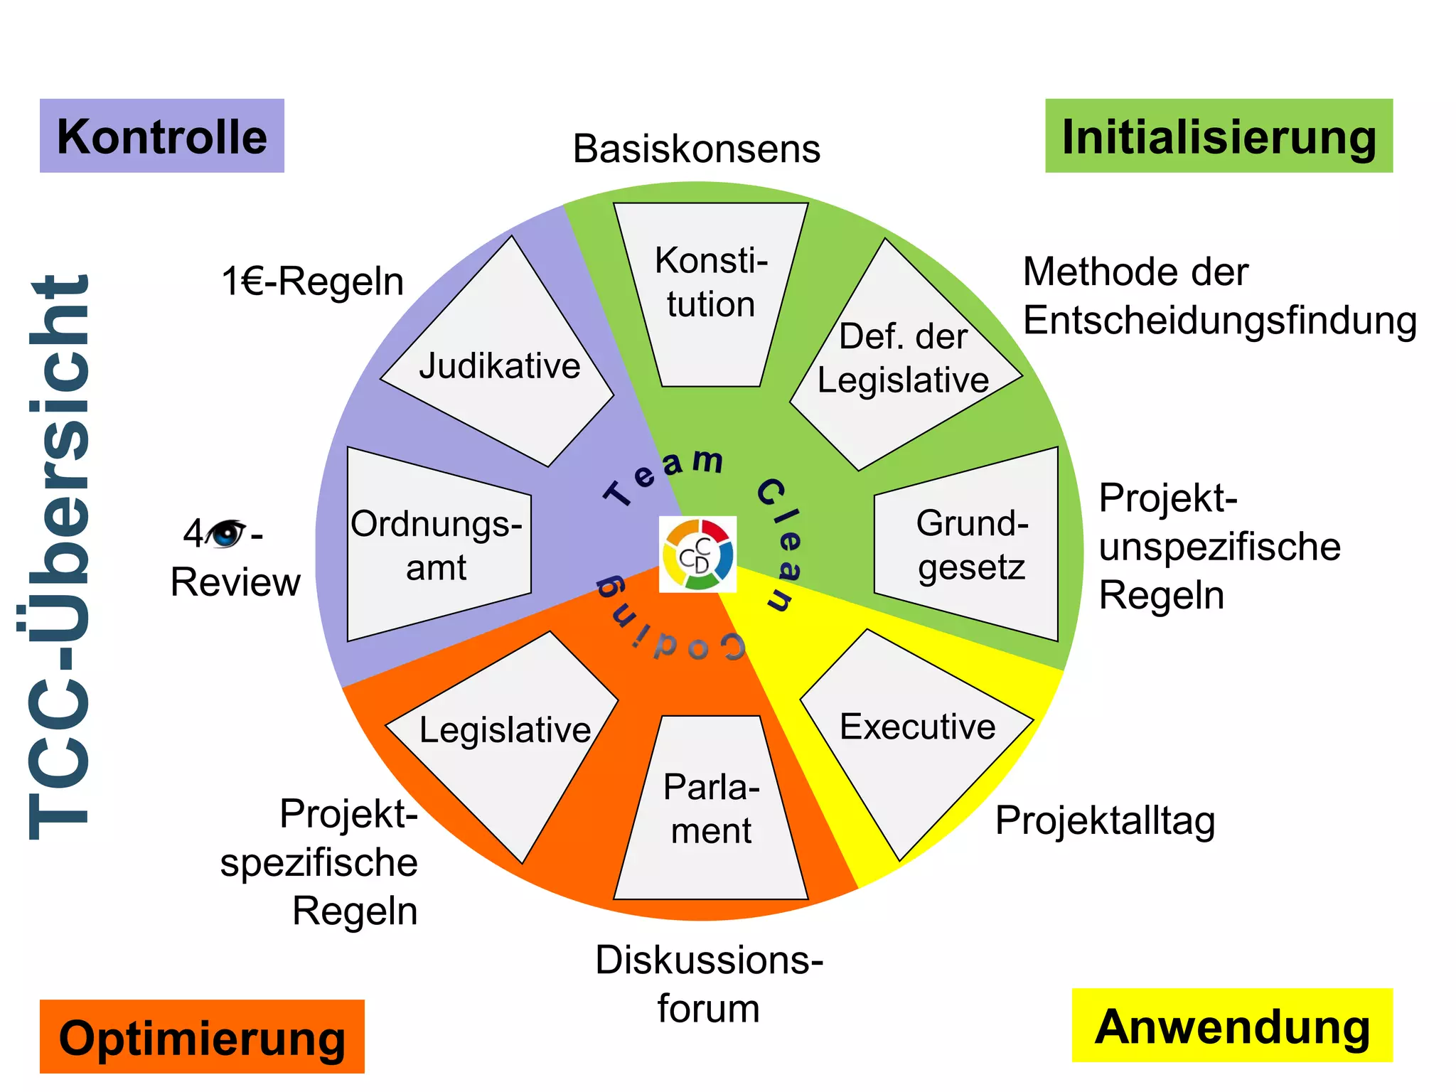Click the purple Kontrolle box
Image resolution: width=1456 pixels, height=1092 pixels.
162,136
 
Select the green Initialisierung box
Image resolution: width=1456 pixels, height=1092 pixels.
1219,136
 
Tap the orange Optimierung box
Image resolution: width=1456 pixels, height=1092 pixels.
202,1037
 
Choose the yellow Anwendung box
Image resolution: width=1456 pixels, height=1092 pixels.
1232,1025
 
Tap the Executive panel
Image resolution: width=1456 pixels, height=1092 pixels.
917,732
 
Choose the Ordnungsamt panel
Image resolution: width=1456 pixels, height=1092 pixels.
437,545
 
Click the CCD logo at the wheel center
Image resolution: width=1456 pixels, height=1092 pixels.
697,555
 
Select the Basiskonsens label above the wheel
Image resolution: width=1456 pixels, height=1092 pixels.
697,149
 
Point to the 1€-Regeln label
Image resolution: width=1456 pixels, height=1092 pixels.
313,282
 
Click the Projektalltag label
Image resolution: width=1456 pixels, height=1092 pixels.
1105,820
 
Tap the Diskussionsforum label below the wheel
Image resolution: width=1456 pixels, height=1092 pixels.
709,984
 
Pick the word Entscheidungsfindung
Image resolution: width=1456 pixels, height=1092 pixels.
1220,320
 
